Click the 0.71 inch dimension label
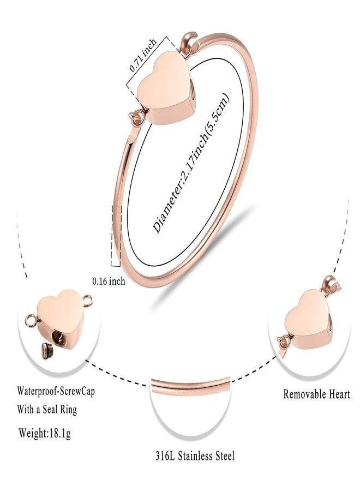pyautogui.click(x=143, y=55)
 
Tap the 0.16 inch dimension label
pyautogui.click(x=109, y=281)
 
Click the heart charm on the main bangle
pyautogui.click(x=166, y=88)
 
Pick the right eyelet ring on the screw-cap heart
pyautogui.click(x=88, y=301)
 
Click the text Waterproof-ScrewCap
pyautogui.click(x=56, y=391)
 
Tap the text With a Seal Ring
pyautogui.click(x=47, y=409)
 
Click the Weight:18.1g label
pyautogui.click(x=45, y=433)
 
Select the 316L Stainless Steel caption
pyautogui.click(x=195, y=456)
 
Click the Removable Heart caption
pyautogui.click(x=316, y=394)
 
